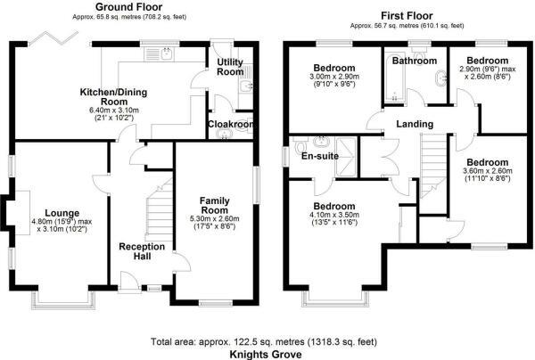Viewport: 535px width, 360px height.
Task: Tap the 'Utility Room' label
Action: tap(230, 67)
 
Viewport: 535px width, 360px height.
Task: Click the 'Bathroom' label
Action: tap(416, 61)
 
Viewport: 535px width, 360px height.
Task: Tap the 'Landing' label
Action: tap(416, 123)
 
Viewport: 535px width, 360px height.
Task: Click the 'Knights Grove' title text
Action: tap(266, 354)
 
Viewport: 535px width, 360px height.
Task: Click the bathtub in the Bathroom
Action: tap(395, 85)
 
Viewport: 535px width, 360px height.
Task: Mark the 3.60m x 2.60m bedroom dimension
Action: tap(487, 173)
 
